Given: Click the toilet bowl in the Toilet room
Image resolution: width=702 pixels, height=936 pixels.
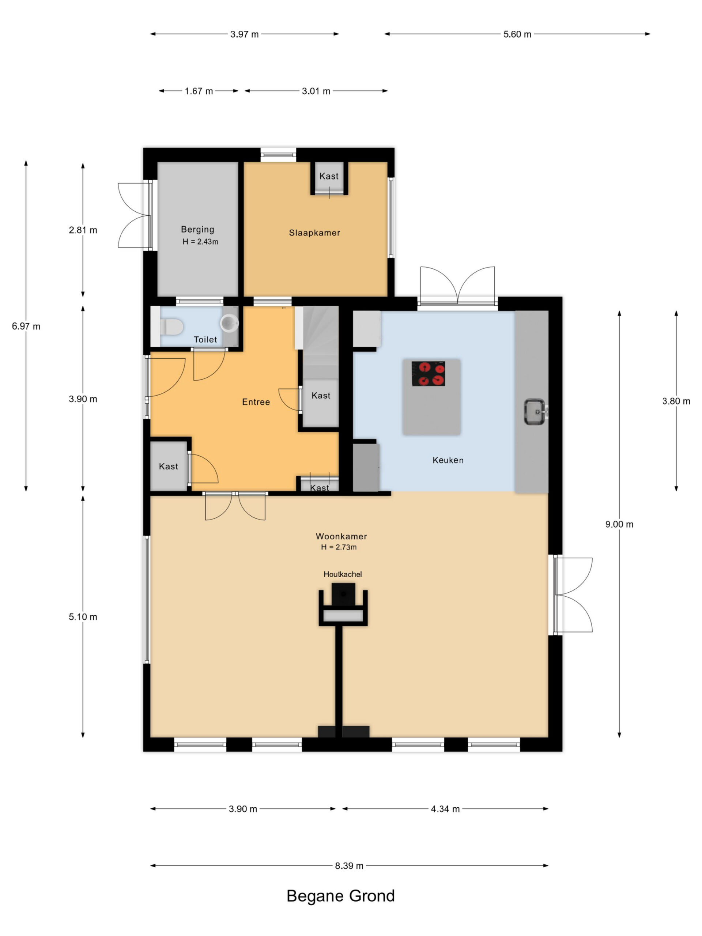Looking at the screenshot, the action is (171, 327).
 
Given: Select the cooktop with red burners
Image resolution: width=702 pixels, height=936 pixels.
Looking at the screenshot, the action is (428, 374).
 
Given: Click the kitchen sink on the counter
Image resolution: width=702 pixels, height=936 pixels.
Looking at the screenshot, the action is (535, 411).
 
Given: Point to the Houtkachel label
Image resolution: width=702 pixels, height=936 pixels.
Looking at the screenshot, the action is (342, 574).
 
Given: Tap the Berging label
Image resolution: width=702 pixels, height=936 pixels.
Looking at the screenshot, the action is (197, 229).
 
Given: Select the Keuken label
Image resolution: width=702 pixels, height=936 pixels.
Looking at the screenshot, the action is (448, 460).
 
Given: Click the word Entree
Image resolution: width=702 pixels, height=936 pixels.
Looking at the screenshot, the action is (256, 402).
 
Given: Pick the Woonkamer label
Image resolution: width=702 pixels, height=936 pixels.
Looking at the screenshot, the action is (341, 536).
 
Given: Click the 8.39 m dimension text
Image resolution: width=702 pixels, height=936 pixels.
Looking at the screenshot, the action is (349, 866).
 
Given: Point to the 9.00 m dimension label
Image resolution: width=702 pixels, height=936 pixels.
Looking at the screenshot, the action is (619, 524).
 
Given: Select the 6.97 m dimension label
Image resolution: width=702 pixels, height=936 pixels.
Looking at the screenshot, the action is (26, 326).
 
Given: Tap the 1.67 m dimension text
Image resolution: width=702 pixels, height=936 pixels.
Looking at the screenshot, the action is (199, 91).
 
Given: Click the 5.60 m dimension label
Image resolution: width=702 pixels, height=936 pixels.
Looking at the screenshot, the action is (517, 34).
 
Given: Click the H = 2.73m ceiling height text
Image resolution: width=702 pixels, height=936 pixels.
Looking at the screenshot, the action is (339, 547).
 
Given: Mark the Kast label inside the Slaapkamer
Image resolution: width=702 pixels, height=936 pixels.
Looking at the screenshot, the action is (329, 176).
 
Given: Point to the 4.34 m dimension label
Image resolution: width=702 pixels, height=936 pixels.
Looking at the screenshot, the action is (445, 809).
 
